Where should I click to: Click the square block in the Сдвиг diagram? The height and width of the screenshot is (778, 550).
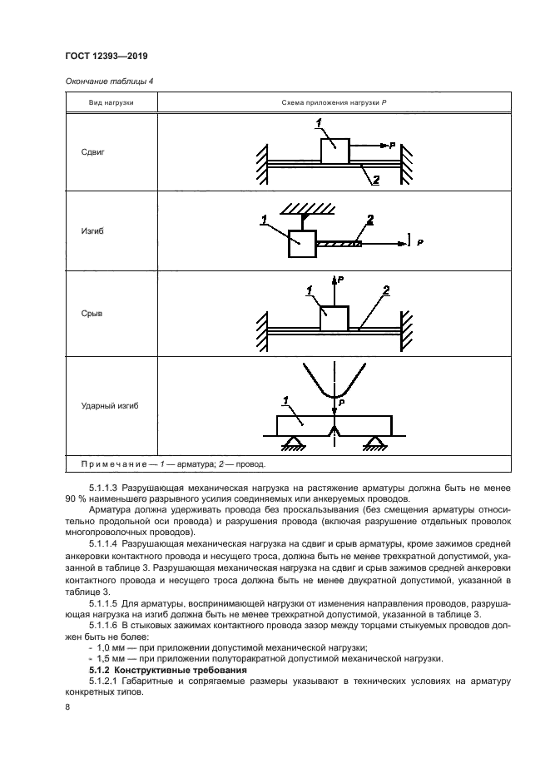pyautogui.click(x=334, y=151)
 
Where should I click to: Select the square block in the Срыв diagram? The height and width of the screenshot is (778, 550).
pyautogui.click(x=334, y=319)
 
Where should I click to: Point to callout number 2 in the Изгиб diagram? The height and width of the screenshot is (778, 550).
pyautogui.click(x=369, y=220)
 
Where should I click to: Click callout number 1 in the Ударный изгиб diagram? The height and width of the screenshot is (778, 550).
pyautogui.click(x=286, y=401)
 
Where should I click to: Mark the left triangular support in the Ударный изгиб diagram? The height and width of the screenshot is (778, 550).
pyautogui.click(x=292, y=442)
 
